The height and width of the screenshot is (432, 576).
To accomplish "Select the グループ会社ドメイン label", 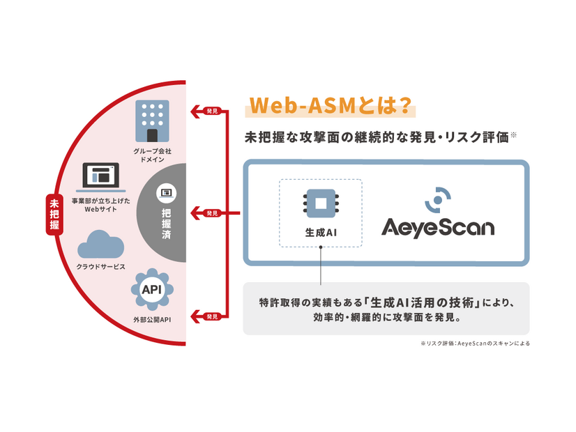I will [152, 155].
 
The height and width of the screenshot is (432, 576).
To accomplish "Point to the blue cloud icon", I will [101, 245].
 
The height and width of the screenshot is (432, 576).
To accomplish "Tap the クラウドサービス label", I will [101, 268].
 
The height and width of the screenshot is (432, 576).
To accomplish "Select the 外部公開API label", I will [152, 320].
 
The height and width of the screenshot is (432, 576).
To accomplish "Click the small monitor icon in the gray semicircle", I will [166, 192].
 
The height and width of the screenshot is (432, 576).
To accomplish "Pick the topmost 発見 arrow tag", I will [211, 110].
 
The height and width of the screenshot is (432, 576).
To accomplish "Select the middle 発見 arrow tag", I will [211, 213].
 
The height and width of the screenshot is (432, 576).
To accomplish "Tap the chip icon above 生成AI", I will [320, 203].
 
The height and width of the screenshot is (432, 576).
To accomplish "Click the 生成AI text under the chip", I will [320, 233].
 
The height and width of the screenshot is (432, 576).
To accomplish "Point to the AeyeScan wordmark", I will [437, 227].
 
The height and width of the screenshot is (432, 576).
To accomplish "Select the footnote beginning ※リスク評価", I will [474, 343].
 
